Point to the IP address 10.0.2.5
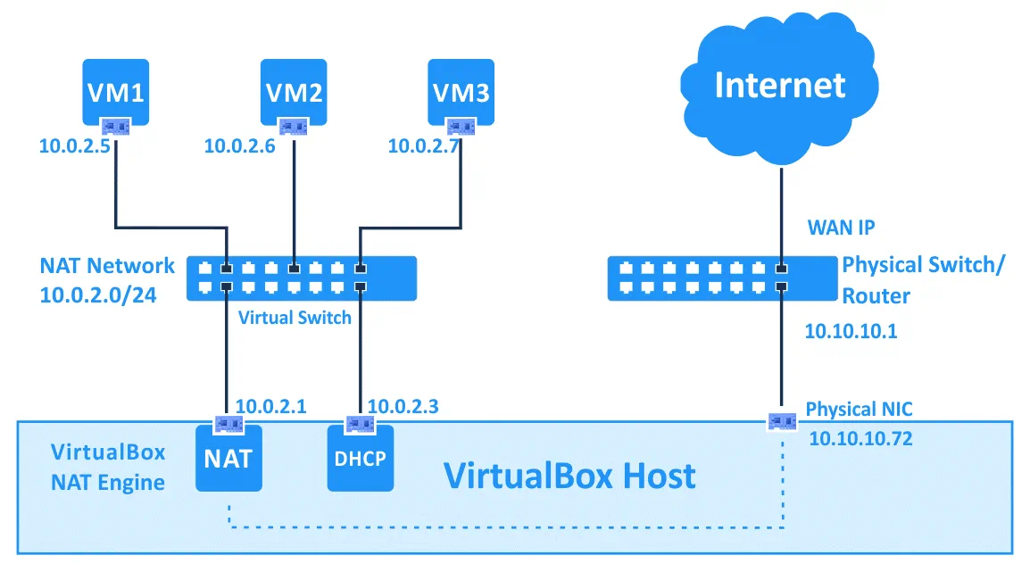74,145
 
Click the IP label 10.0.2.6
239,145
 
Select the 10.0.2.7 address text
424,145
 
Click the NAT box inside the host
228,460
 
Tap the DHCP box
360,460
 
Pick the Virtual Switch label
295,317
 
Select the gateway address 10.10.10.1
851,331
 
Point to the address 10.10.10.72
860,438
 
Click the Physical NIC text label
859,409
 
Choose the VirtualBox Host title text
569,476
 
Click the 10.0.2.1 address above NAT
270,407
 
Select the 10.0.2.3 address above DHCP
403,407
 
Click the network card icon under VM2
294,127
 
